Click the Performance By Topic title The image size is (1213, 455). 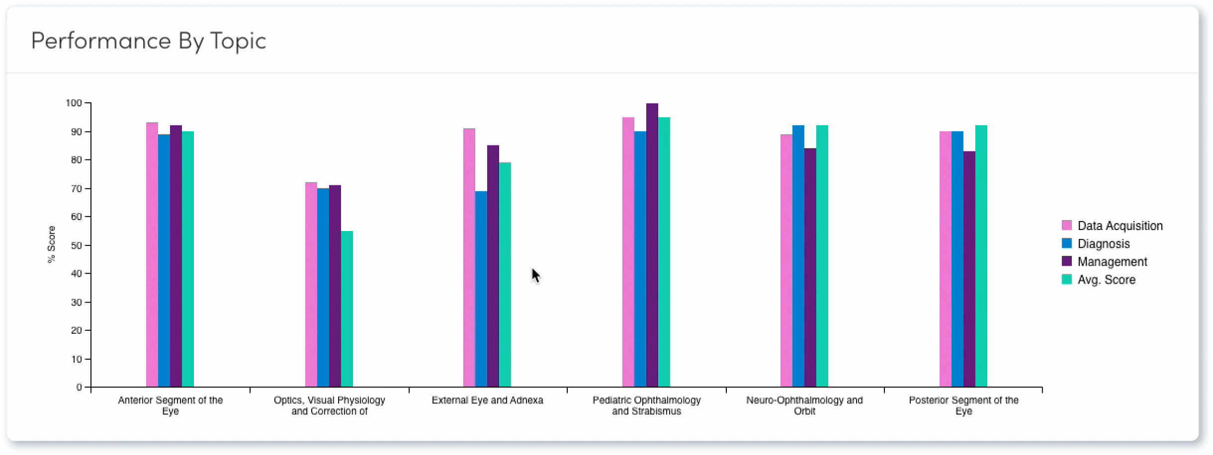point(148,41)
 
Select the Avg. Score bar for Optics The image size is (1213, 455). point(347,308)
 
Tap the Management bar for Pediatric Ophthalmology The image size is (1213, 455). point(652,243)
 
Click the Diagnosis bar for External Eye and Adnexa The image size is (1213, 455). point(481,288)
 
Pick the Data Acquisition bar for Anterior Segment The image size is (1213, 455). point(152,253)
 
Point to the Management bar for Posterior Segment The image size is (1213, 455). point(969,268)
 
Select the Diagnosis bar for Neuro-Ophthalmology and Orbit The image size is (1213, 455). point(798,256)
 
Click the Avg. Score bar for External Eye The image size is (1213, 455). point(505,273)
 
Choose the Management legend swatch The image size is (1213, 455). point(1066,261)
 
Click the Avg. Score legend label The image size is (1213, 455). point(1106,280)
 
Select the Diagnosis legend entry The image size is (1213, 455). point(1103,244)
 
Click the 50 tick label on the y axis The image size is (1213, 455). point(76,245)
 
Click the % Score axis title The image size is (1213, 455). point(51,244)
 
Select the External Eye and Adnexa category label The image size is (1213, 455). point(487,400)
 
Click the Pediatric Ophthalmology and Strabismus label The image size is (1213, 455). point(646,405)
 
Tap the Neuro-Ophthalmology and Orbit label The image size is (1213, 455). point(804,405)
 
